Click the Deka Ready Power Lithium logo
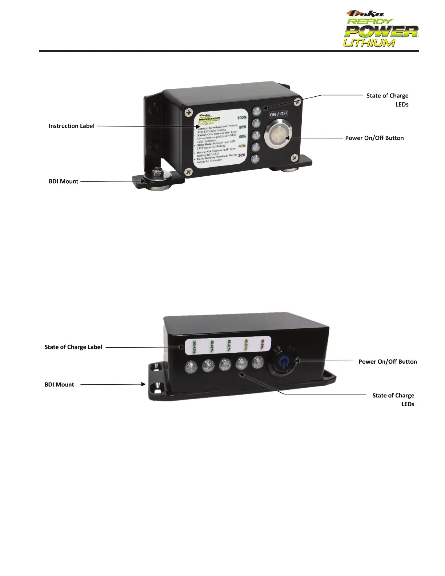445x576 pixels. (x=381, y=29)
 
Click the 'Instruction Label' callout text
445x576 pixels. (x=71, y=126)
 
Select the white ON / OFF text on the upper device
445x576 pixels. (x=278, y=114)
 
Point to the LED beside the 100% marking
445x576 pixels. (x=257, y=111)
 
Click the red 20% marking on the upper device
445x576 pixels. (x=242, y=155)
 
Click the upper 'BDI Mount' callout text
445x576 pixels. (x=63, y=181)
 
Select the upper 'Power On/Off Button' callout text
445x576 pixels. (x=374, y=138)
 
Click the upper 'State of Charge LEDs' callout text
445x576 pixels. (x=387, y=100)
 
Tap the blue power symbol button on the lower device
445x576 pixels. (x=284, y=362)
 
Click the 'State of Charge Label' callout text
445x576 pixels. (x=73, y=347)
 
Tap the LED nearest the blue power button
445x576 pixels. (x=258, y=363)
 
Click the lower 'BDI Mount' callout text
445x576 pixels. (x=59, y=385)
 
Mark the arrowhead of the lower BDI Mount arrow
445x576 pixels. (x=144, y=384)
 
